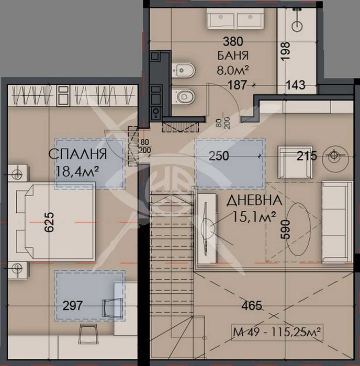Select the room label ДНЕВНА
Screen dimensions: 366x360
[255, 200]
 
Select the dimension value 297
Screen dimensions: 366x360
[72, 305]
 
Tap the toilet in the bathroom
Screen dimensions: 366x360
[185, 96]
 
